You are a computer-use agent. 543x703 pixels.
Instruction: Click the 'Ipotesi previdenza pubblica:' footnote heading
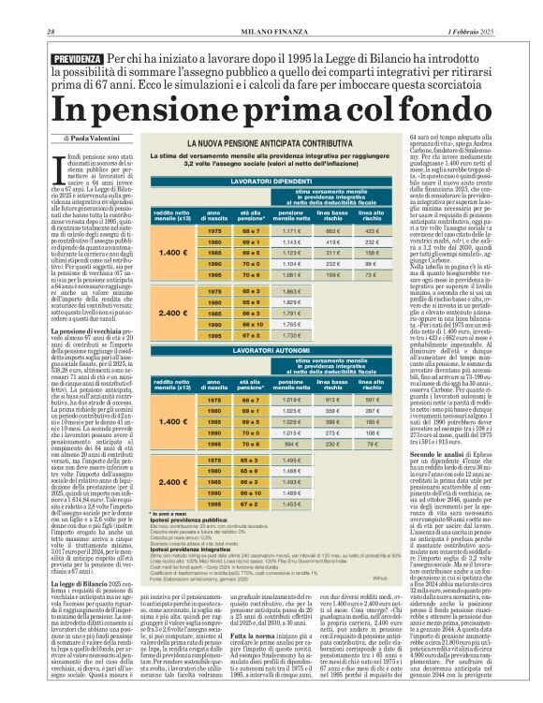180,522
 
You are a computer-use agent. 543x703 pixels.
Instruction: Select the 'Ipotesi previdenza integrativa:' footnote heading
183,549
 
